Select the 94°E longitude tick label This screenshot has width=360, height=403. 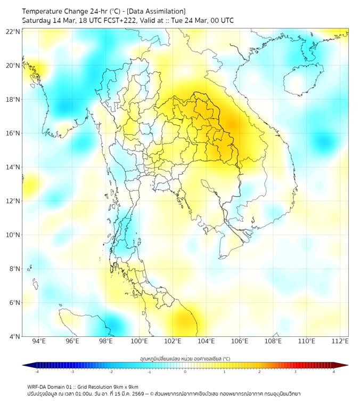(39, 341)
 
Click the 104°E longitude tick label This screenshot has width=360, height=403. (206, 341)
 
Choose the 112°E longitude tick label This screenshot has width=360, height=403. (340, 341)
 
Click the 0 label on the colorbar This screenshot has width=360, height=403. (185, 372)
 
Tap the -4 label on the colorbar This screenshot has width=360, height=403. (37, 372)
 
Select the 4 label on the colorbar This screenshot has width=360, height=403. (333, 372)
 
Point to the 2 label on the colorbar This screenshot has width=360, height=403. (259, 372)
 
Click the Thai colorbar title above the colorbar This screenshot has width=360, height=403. (185, 359)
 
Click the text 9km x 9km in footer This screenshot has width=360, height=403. (124, 387)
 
